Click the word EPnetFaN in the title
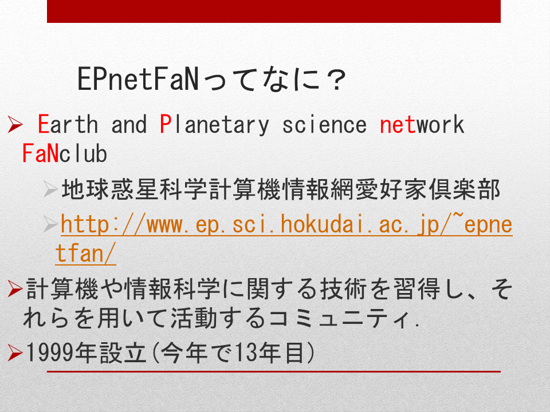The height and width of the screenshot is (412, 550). tap(138, 79)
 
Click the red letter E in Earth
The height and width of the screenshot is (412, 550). tap(43, 124)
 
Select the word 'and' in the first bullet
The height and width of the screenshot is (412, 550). tap(129, 124)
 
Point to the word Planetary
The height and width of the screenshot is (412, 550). tap(214, 125)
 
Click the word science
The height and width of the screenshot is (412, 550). tap(324, 125)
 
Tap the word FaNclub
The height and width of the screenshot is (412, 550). tap(65, 153)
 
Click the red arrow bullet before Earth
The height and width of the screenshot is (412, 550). tap(15, 124)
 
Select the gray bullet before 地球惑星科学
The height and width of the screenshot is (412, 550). tap(51, 189)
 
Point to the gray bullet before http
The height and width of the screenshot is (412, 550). tap(51, 224)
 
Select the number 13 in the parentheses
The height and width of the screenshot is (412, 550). tap(246, 352)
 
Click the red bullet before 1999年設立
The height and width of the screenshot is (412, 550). tap(15, 353)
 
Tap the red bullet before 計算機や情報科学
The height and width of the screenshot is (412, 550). tap(15, 290)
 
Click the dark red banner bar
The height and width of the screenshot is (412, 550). tap(274, 11)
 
